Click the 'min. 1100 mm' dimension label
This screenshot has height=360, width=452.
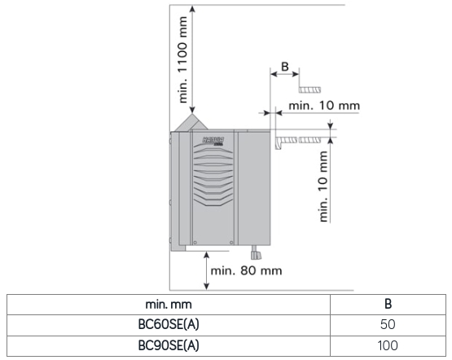[182, 59]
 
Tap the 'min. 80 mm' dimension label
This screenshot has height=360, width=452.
[246, 271]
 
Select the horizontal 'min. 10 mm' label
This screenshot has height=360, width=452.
[324, 106]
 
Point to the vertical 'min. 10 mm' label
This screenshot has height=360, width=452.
[323, 187]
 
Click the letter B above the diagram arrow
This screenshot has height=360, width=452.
[285, 67]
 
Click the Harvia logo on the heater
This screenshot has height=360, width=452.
[213, 141]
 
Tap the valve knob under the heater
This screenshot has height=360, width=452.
[255, 254]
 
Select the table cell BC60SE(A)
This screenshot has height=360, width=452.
[169, 324]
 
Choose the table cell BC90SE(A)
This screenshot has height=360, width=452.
[169, 345]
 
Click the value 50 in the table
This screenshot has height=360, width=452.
[388, 324]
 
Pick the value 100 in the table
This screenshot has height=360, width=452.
[388, 345]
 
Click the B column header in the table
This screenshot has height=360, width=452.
[388, 304]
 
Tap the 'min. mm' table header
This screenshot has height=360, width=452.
[169, 305]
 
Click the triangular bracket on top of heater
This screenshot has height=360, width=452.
[191, 123]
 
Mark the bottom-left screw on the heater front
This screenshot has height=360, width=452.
[195, 243]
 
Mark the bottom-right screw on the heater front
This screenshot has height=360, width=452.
[231, 243]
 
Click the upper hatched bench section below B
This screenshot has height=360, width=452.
[310, 90]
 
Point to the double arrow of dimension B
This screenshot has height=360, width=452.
[285, 74]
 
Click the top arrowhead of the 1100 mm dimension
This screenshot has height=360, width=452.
[192, 9]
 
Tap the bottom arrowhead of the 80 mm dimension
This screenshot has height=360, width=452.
[206, 286]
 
